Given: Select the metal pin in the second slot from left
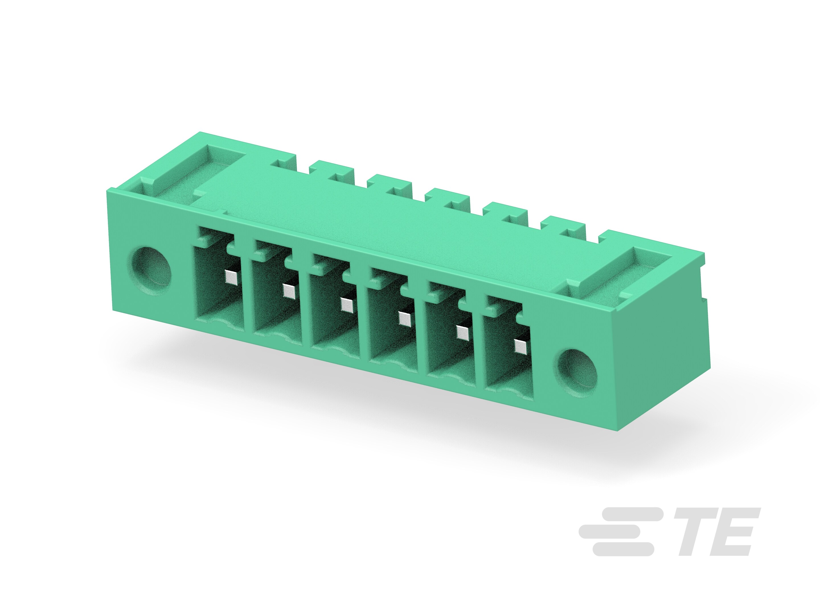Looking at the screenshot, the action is tap(288, 291).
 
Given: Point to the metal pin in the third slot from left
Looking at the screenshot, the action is tap(346, 305).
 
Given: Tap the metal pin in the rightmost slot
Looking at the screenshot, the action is tap(520, 346).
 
